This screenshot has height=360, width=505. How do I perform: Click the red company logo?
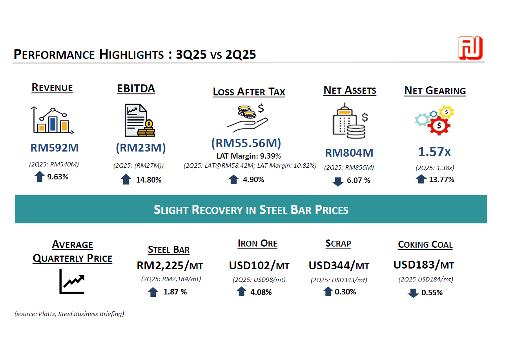[470, 48]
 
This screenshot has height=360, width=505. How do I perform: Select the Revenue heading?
[52, 88]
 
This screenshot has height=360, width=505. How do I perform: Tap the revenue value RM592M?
[55, 148]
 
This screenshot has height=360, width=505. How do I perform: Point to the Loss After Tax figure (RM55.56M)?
[246, 143]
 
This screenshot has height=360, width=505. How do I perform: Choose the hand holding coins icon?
[248, 118]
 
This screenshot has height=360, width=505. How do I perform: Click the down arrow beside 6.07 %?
[338, 182]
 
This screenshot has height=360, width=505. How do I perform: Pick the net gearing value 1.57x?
[434, 152]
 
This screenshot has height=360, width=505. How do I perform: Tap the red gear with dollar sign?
[439, 126]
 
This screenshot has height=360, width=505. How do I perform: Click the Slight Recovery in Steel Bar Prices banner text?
[251, 210]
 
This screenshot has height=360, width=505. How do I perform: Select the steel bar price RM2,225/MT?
[170, 266]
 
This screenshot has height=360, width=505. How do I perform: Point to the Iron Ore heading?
[257, 244]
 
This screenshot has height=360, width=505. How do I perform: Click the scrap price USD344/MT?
[339, 266]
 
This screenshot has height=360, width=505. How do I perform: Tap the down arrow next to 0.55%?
[413, 293]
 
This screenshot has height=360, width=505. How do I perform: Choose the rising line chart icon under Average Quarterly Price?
[72, 281]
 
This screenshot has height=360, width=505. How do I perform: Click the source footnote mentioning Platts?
[69, 314]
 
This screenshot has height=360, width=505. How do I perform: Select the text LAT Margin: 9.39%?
[249, 156]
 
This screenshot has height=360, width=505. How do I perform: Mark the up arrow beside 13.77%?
[421, 179]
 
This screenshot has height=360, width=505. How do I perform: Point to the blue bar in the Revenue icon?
[53, 124]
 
